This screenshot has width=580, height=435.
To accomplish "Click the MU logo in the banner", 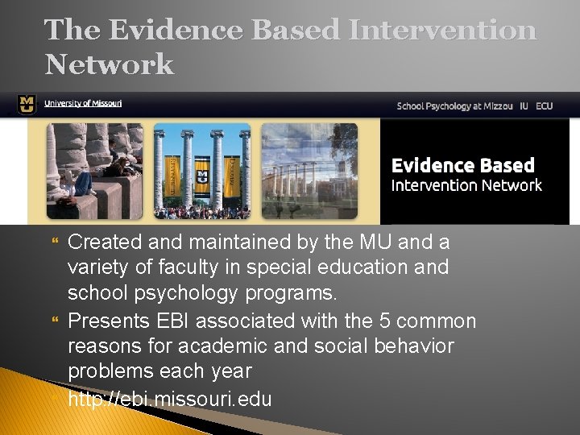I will click(27, 105).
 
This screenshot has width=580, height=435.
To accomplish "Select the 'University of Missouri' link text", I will click(83, 104).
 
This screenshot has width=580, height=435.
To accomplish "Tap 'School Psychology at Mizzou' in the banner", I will click(454, 106).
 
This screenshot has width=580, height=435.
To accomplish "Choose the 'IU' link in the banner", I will click(524, 106).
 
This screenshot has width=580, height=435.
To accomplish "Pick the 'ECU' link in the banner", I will click(545, 106).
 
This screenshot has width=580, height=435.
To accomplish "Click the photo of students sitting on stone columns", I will click(94, 170).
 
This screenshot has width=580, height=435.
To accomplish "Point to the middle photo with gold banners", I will click(201, 170).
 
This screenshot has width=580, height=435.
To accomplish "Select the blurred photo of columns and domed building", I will click(309, 170).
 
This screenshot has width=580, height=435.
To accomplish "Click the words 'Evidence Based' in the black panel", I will click(462, 166).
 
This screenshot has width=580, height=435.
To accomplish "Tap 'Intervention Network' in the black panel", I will click(466, 186).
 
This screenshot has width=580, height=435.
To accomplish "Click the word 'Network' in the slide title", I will click(110, 64).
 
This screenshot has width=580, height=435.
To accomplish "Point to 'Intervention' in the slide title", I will click(442, 31).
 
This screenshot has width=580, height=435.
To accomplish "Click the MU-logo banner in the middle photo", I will click(201, 175).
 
